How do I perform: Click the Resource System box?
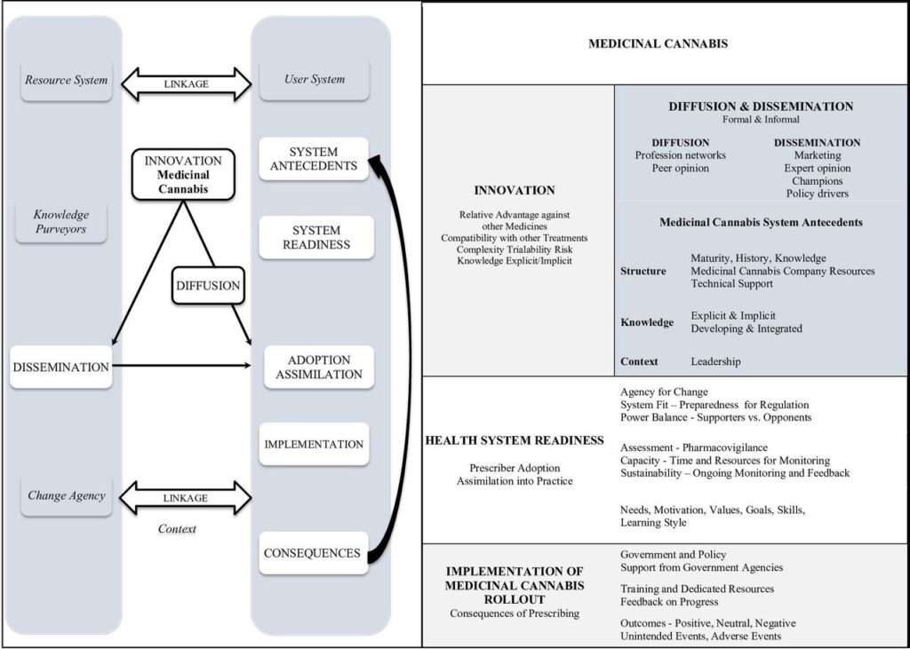pyautogui.click(x=66, y=80)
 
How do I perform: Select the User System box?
pyautogui.click(x=315, y=79)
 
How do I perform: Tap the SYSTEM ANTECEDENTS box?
pyautogui.click(x=313, y=159)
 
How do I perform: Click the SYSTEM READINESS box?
pyautogui.click(x=315, y=237)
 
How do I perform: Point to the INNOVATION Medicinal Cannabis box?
pyautogui.click(x=183, y=174)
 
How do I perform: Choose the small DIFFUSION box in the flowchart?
pyautogui.click(x=207, y=286)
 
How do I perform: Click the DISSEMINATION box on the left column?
pyautogui.click(x=60, y=367)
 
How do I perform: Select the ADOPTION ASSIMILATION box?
pyautogui.click(x=319, y=368)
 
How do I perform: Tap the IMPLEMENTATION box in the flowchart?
pyautogui.click(x=314, y=444)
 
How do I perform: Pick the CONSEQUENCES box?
pyautogui.click(x=312, y=553)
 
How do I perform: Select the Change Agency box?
pyautogui.click(x=66, y=495)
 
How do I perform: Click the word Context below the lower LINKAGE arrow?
pyautogui.click(x=176, y=529)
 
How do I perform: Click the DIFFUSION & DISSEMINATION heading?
pyautogui.click(x=761, y=107)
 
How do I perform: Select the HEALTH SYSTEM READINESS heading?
pyautogui.click(x=515, y=440)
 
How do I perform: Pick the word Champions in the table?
pyautogui.click(x=817, y=181)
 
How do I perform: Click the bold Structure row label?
pyautogui.click(x=643, y=271)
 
